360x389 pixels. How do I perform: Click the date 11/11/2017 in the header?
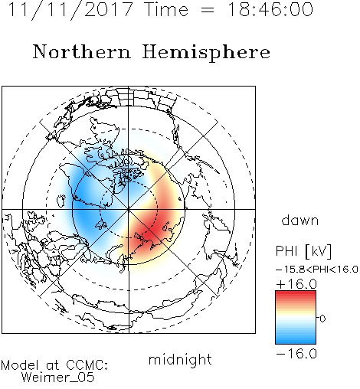[x=70, y=10]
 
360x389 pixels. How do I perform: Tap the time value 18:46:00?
[x=270, y=9]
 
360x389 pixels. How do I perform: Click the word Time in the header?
[x=166, y=9]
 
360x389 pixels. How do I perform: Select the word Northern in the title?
[x=82, y=51]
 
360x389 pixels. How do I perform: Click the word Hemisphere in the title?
[x=206, y=53]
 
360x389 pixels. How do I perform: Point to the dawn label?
[x=300, y=220]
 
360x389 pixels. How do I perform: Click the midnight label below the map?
[x=180, y=360]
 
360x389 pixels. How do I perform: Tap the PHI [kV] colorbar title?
[x=303, y=251]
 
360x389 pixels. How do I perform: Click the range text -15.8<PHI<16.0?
[x=317, y=270]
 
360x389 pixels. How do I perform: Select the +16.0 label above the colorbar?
[x=296, y=284]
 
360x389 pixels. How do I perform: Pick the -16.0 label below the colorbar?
[x=296, y=354]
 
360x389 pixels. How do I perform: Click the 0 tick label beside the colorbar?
[x=322, y=319]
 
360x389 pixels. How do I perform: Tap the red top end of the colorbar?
[x=296, y=293]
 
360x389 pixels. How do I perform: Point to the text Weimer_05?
[x=58, y=378]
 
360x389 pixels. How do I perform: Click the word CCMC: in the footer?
[x=87, y=365]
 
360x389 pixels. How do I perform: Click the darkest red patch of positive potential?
[x=149, y=231]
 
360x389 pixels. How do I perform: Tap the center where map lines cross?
[x=129, y=210]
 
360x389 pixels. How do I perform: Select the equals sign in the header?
[x=208, y=11]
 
